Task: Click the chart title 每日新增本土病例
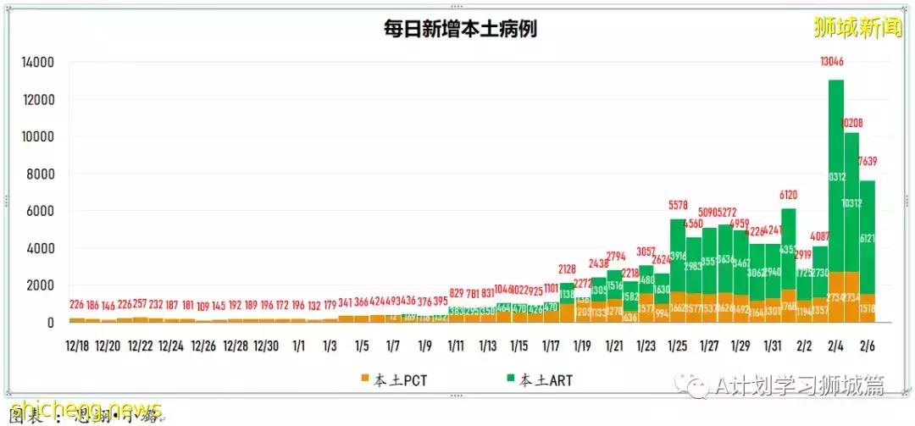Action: [x=461, y=30]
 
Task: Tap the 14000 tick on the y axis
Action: [x=38, y=63]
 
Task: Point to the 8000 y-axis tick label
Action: [x=42, y=174]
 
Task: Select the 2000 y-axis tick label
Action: [x=42, y=285]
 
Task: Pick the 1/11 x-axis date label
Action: [x=456, y=346]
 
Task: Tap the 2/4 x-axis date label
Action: [x=835, y=346]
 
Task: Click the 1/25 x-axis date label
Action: [x=677, y=346]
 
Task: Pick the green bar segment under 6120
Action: [x=789, y=246]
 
